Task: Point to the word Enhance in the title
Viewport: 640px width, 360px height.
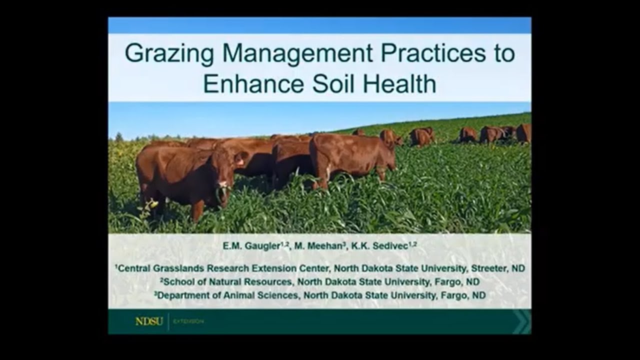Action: point(253,83)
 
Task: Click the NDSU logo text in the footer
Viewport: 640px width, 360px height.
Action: point(149,321)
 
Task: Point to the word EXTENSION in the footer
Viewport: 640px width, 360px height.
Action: point(188,321)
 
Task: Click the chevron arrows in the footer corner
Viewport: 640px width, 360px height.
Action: point(521,321)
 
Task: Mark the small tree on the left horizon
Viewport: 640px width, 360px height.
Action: point(119,136)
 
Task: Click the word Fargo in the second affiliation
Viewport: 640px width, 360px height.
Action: point(447,282)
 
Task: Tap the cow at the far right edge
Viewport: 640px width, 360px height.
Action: point(524,133)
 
